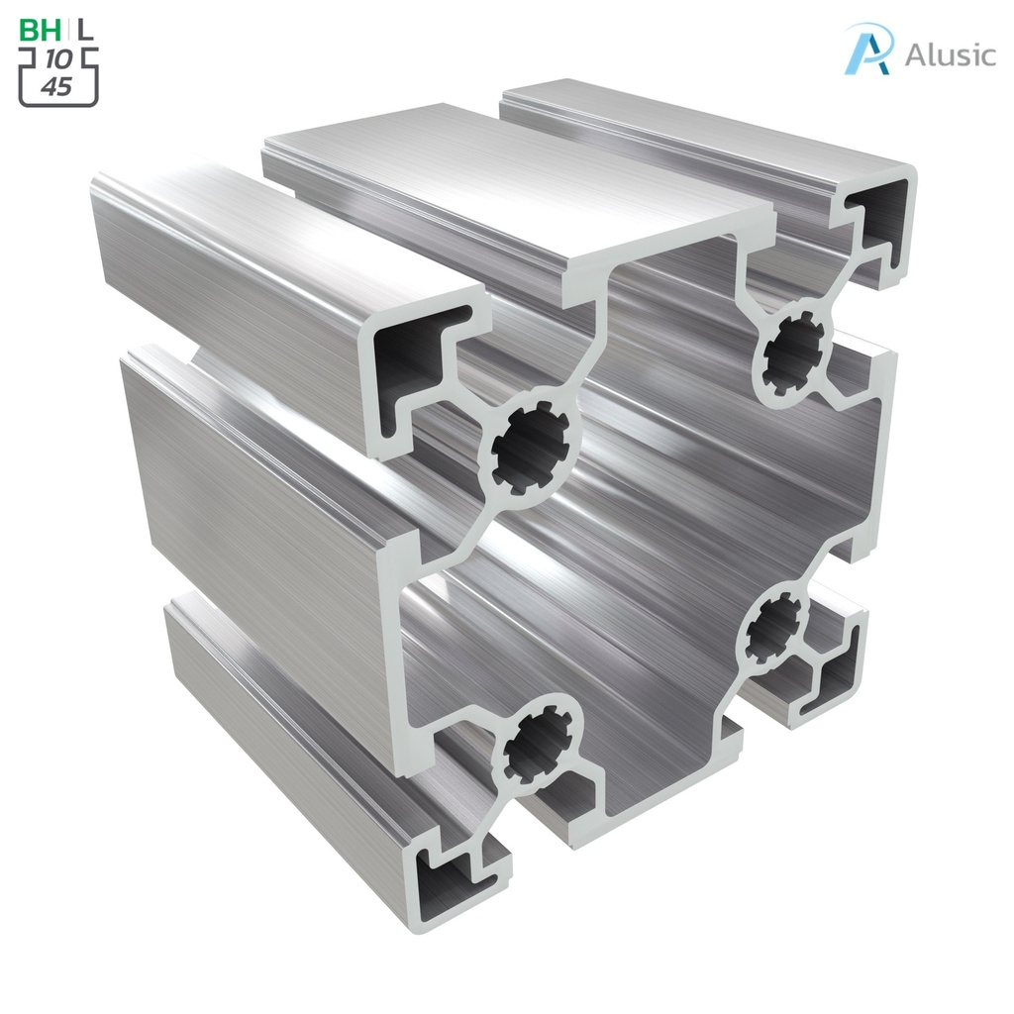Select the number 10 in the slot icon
click(58, 61)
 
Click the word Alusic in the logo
click(950, 54)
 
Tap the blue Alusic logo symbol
click(868, 49)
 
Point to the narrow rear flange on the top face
click(693, 129)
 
